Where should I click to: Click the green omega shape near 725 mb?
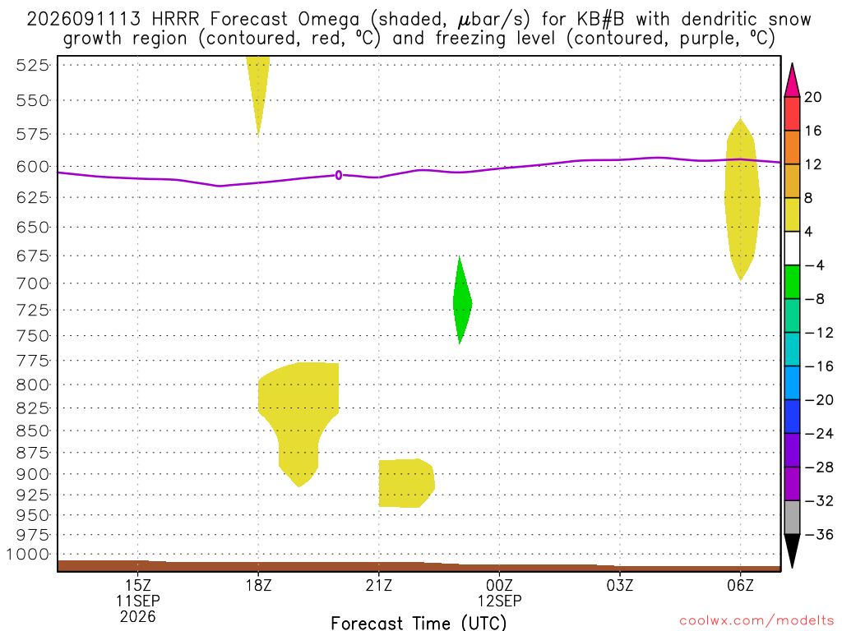462,301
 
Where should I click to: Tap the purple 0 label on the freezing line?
338,175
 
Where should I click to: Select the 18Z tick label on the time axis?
258,585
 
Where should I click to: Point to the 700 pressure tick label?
34,283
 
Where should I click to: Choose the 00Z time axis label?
499,585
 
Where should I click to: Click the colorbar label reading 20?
812,97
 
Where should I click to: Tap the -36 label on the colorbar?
819,534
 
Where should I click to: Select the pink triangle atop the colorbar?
792,80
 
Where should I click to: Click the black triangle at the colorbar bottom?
792,550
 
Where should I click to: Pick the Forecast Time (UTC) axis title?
419,623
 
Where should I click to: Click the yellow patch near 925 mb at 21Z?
406,483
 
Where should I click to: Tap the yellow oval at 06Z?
743,200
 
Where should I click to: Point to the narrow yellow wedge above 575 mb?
257,91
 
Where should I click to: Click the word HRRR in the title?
176,20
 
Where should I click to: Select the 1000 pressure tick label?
28,555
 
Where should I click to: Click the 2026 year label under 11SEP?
137,617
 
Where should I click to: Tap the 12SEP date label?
499,601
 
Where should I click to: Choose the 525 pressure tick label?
34,65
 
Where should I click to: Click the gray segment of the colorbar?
792,518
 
